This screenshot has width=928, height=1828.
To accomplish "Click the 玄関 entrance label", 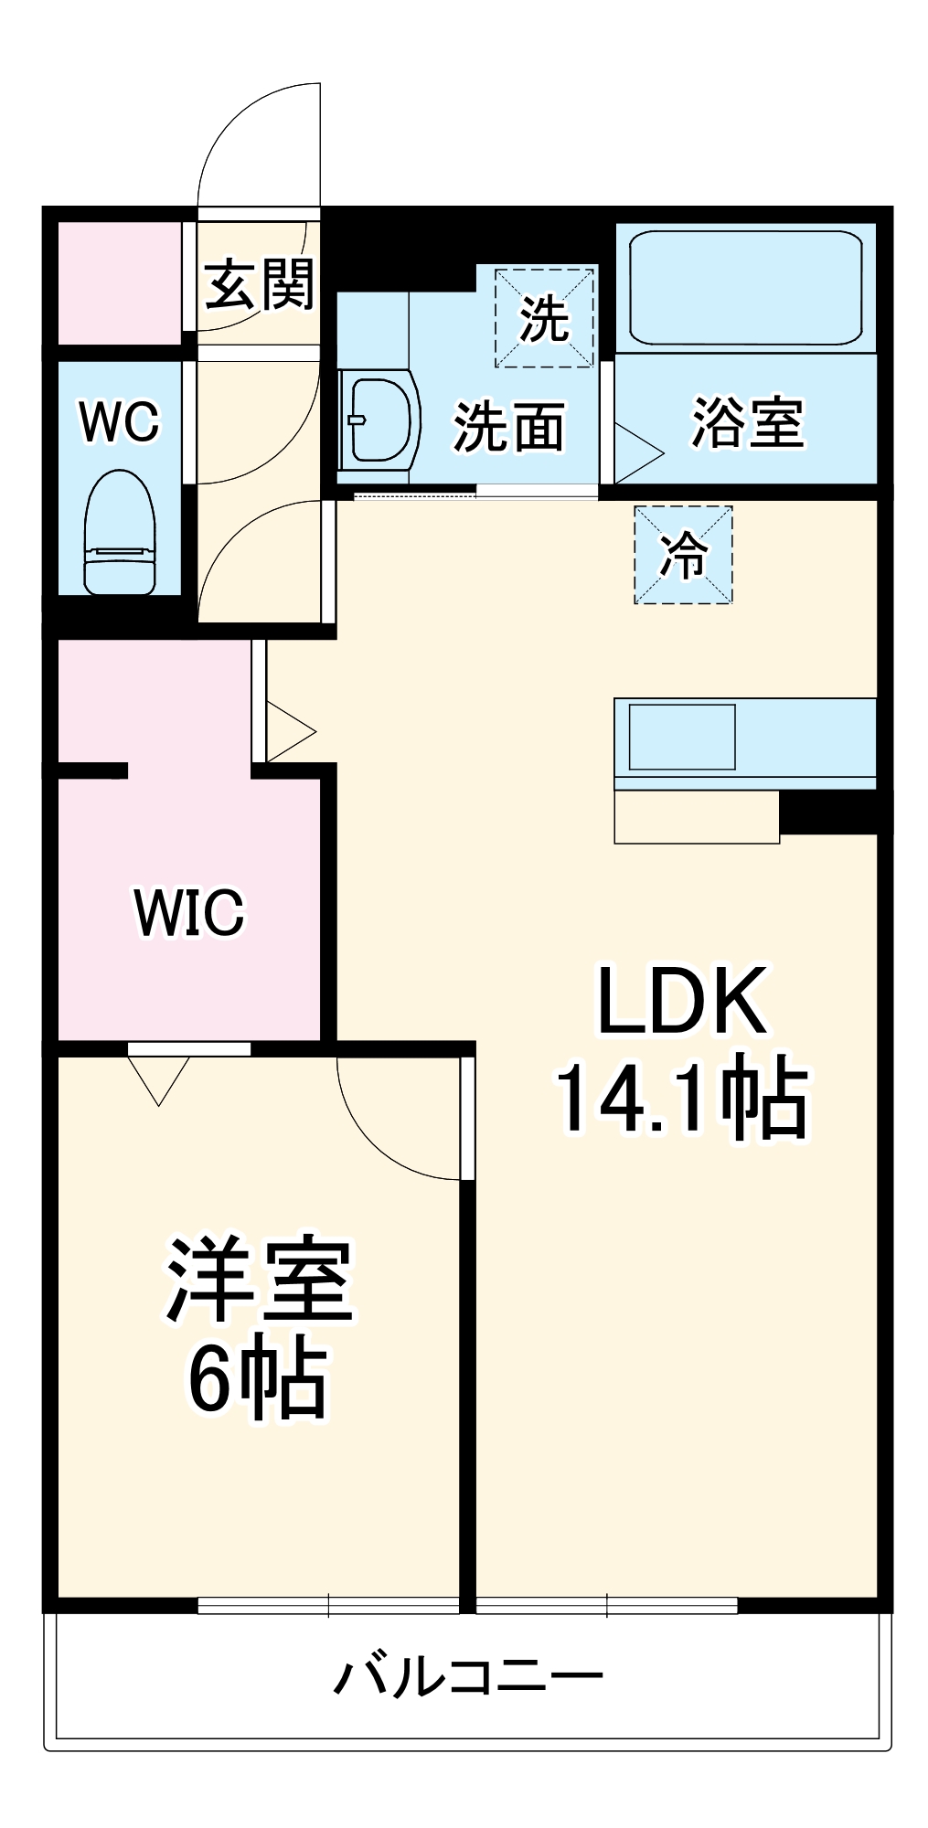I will [x=259, y=284].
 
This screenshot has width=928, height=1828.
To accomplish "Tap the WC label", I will [x=119, y=421].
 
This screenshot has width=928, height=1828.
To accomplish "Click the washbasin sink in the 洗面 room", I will [x=379, y=420].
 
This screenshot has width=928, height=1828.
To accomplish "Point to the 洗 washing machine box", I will [x=544, y=318].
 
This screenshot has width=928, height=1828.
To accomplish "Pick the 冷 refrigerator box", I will [x=684, y=555].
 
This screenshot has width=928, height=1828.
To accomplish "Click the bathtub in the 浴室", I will [x=745, y=287].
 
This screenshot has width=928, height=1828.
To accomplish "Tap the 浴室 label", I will [x=747, y=422].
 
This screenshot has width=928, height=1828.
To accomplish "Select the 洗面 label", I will [x=509, y=427].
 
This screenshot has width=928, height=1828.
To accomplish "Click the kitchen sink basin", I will [x=682, y=737].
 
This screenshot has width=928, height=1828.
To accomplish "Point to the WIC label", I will [x=189, y=911].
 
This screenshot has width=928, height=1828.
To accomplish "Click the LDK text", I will [x=682, y=1001].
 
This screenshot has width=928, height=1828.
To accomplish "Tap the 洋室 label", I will [x=259, y=1281].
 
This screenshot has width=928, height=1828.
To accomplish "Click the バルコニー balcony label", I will [x=467, y=1677].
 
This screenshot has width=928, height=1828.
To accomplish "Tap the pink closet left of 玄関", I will [x=120, y=283].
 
